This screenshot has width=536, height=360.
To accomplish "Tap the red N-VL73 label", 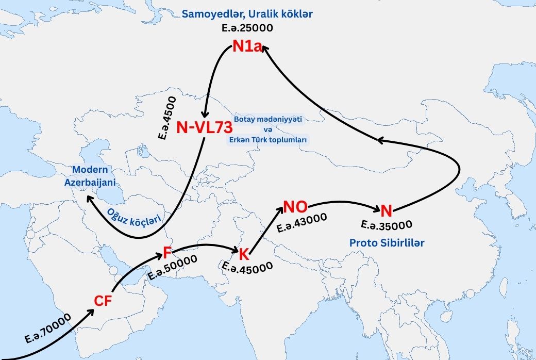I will coord(205,127).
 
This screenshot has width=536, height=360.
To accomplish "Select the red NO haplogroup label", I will coord(296,207).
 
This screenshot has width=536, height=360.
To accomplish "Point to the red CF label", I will coord(103,301).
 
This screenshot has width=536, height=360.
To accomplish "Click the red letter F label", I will coord(167,252).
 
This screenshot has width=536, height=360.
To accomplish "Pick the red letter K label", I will coord(244,254).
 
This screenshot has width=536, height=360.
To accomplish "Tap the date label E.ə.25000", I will coord(247,28).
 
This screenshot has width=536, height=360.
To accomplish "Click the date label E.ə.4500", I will coord(168,118).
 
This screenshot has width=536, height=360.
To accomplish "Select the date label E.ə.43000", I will coord(302,223).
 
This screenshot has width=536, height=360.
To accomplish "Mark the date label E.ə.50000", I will coord(173,268).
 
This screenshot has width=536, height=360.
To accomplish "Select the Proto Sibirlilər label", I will coord(387,242).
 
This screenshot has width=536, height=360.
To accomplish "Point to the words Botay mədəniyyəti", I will coord(268,119).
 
